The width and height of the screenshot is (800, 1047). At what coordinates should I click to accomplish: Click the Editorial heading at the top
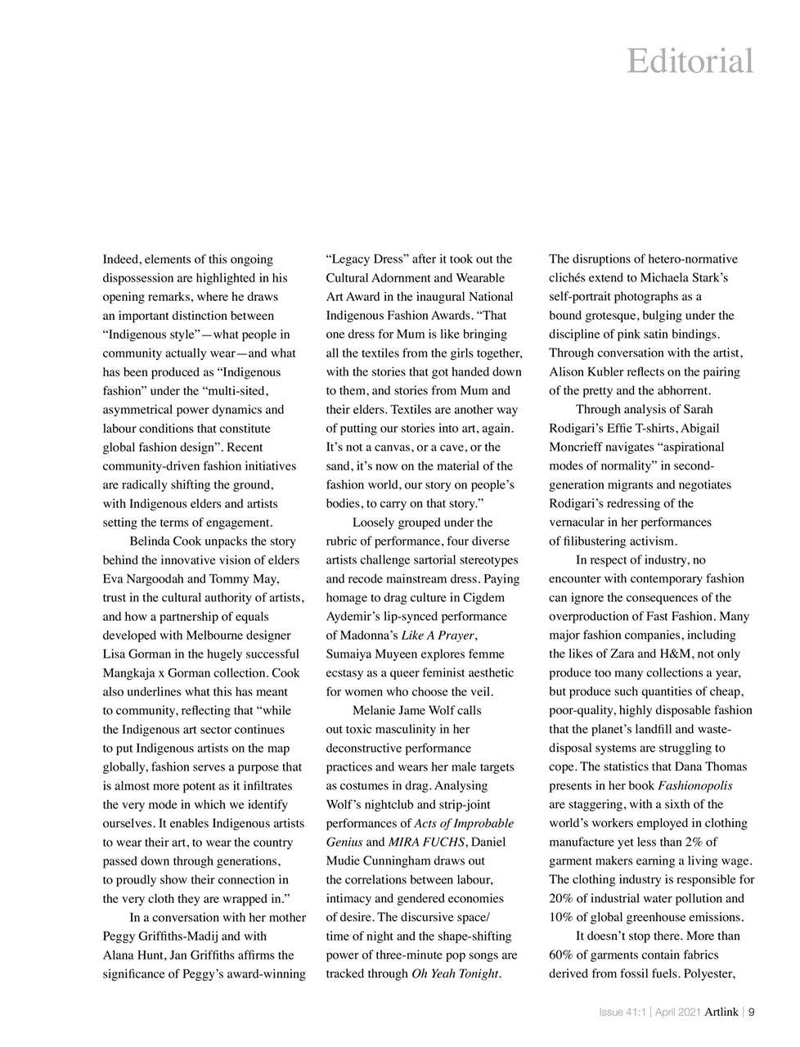click(690, 61)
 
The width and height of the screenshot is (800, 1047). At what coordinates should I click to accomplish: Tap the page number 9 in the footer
click(751, 1012)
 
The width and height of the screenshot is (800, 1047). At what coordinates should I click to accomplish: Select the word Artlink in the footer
click(721, 1012)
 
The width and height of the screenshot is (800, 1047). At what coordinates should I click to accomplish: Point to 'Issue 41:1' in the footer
click(622, 1012)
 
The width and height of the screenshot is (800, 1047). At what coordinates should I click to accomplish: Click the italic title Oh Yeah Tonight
click(455, 973)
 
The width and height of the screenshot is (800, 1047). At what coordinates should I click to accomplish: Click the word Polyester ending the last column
click(710, 973)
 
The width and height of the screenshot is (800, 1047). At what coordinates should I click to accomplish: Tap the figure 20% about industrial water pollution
click(562, 898)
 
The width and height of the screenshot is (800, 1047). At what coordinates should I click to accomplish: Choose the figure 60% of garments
click(562, 955)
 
